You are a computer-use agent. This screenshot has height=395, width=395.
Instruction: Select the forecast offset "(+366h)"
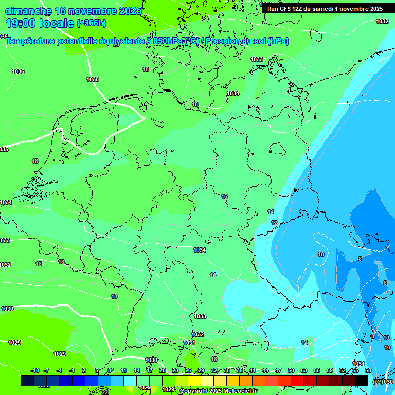tap(92, 23)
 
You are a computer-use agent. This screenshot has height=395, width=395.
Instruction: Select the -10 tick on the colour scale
tap(35, 370)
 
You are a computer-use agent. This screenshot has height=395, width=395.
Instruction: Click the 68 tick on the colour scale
tap(368, 370)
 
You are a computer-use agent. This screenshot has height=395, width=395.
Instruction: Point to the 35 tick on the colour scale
tap(227, 370)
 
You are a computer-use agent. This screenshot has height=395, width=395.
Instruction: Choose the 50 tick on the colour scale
tap(291, 370)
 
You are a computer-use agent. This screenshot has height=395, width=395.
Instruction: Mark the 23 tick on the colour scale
tap(175, 370)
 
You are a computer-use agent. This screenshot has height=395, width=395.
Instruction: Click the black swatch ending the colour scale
tap(362, 381)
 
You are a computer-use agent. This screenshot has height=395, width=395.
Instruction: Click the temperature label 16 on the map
tap(224, 196)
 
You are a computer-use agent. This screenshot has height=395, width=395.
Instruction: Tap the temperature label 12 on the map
tap(274, 223)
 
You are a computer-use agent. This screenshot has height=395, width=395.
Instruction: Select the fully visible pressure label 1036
tap(18, 71)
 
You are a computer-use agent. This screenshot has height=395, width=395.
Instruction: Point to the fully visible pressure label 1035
tap(93, 79)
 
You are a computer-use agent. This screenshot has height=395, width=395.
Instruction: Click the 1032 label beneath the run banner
tap(382, 21)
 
